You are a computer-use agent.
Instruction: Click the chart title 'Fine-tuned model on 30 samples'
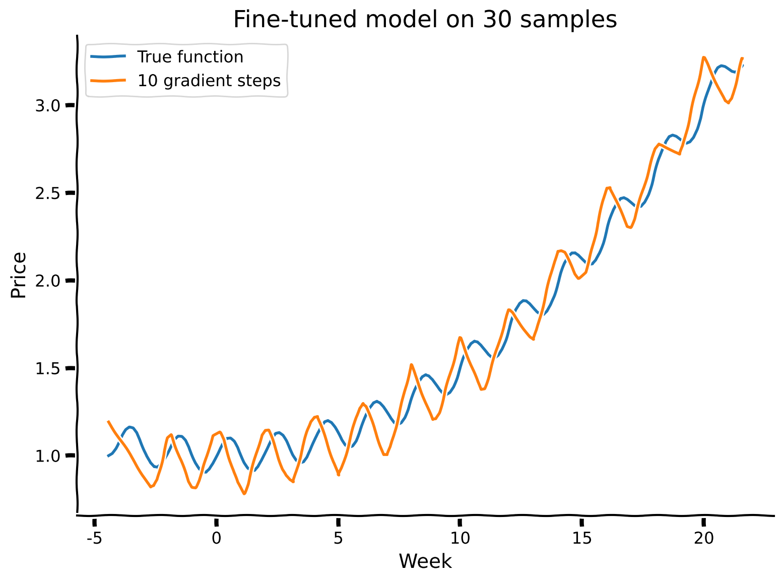[425, 20]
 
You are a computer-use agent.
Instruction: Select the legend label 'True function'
[190, 57]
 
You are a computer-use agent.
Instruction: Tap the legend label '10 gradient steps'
[209, 81]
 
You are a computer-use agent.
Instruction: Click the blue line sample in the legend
[108, 57]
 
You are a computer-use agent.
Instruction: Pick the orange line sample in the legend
[108, 81]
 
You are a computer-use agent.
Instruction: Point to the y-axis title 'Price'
[19, 275]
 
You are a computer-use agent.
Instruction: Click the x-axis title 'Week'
[425, 561]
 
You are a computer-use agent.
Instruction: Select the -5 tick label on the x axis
[94, 539]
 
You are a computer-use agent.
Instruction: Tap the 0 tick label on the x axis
[216, 539]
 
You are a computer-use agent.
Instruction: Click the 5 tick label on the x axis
[338, 539]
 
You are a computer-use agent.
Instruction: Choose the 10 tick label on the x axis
[460, 539]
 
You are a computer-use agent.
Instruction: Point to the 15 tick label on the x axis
[582, 539]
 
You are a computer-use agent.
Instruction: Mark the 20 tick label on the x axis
[704, 539]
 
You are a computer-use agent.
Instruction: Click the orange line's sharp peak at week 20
[704, 57]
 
